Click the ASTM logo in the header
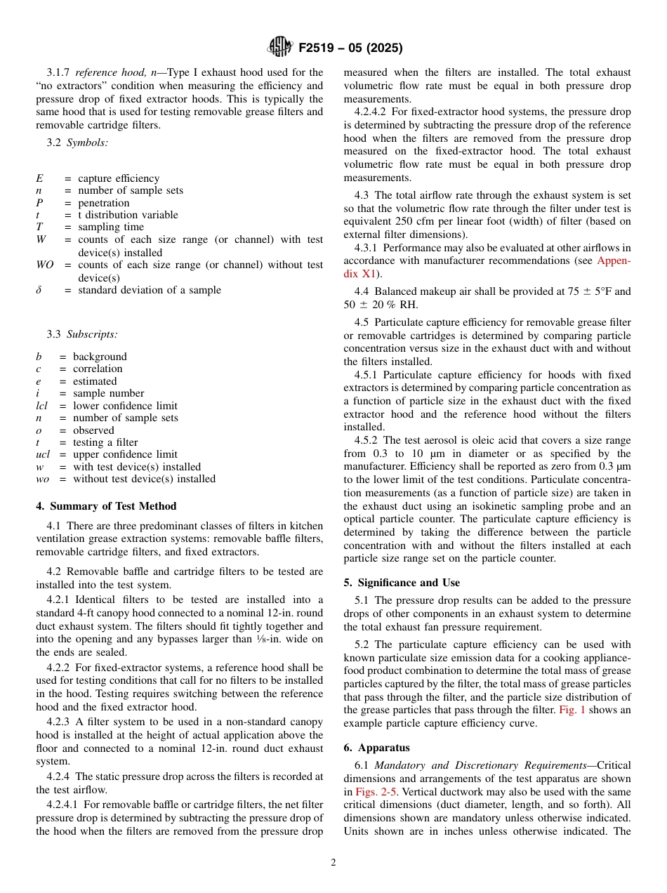(x=279, y=48)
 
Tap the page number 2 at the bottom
(x=333, y=863)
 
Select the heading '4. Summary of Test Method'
(x=106, y=506)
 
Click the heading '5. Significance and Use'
(x=402, y=583)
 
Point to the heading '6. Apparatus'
(x=376, y=748)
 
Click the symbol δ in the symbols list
(x=39, y=290)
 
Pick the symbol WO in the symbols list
(x=44, y=265)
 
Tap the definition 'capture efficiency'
(x=119, y=178)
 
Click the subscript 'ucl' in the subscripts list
(x=43, y=454)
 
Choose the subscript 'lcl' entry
(x=41, y=406)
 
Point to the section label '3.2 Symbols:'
(x=77, y=142)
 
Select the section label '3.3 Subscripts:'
(x=82, y=334)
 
